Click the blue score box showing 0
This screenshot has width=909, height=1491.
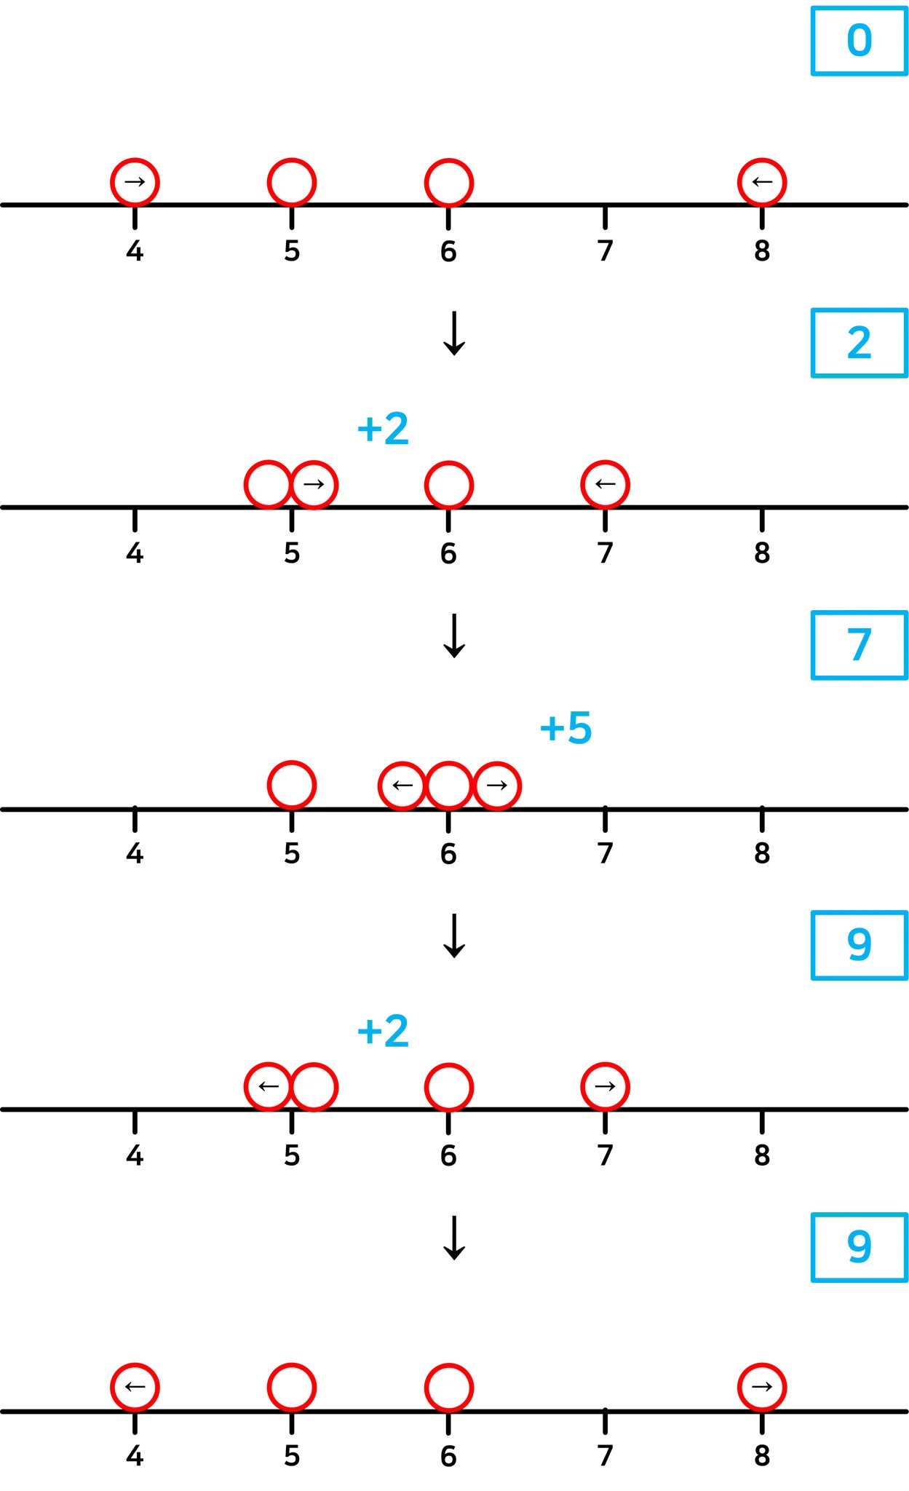859,41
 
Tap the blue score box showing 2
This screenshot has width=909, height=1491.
859,343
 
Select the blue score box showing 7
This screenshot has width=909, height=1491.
859,645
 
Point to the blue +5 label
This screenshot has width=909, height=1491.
566,727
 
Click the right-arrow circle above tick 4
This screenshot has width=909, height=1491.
135,182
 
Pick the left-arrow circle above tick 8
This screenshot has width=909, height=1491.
762,182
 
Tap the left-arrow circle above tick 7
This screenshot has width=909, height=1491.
605,484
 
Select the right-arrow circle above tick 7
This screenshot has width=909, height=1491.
605,1086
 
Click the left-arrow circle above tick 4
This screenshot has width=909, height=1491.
135,1387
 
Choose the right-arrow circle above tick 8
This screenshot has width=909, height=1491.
762,1387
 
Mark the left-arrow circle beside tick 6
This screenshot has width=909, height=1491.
402,786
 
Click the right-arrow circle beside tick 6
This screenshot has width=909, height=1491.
497,786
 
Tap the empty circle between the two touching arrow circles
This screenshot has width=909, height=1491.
449,786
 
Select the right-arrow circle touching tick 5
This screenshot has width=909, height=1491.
314,484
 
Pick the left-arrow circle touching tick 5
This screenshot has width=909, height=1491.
269,1086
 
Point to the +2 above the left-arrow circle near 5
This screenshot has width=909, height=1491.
383,1031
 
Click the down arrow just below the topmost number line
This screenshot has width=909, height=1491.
454,333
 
